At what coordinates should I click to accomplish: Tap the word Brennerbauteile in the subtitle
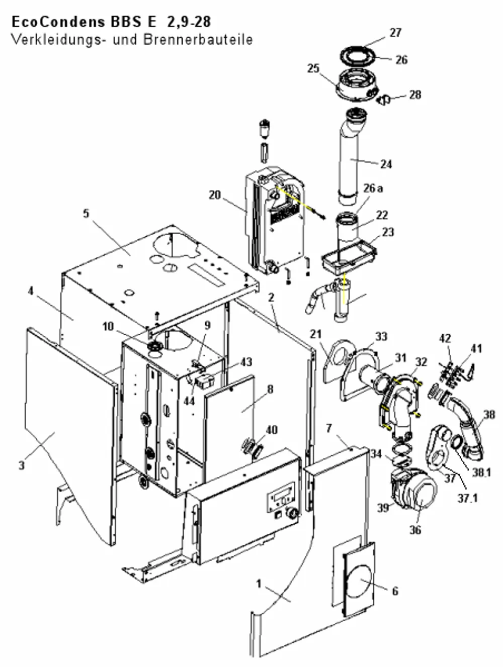pyautogui.click(x=198, y=40)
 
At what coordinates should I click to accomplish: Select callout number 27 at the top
pyautogui.click(x=395, y=33)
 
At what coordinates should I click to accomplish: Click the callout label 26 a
pyautogui.click(x=373, y=188)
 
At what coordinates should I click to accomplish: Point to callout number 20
pyautogui.click(x=215, y=195)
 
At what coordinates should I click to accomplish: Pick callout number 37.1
pyautogui.click(x=467, y=498)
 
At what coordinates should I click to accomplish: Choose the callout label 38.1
pyautogui.click(x=481, y=472)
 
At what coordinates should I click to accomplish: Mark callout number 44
pyautogui.click(x=189, y=401)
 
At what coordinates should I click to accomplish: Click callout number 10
pyautogui.click(x=108, y=327)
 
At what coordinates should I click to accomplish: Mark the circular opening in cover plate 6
pyautogui.click(x=359, y=581)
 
